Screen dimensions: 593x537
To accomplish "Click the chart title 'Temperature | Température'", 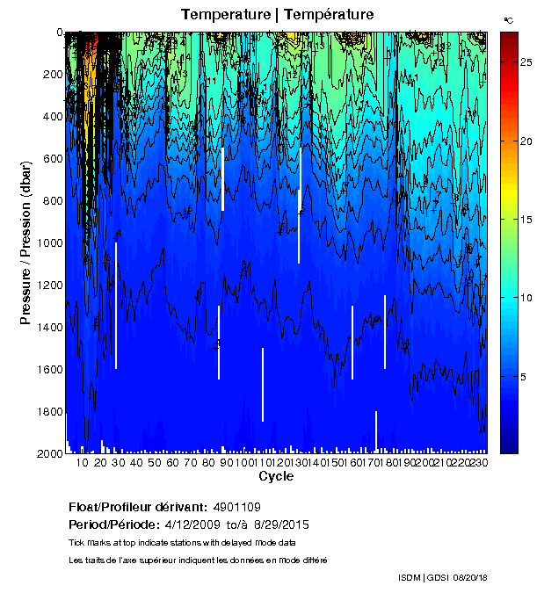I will [278, 15].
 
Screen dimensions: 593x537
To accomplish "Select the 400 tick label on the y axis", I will [52, 117].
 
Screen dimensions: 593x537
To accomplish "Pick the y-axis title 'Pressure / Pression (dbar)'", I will [25, 242].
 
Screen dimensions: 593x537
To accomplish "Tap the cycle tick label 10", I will [83, 462].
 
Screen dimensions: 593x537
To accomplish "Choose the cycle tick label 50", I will [155, 462].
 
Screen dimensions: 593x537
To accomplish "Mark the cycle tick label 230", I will [479, 462].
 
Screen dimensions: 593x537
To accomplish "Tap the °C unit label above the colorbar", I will [508, 19].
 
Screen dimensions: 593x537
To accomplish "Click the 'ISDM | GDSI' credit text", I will [422, 577].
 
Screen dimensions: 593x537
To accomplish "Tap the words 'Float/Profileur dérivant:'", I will [136, 507].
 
